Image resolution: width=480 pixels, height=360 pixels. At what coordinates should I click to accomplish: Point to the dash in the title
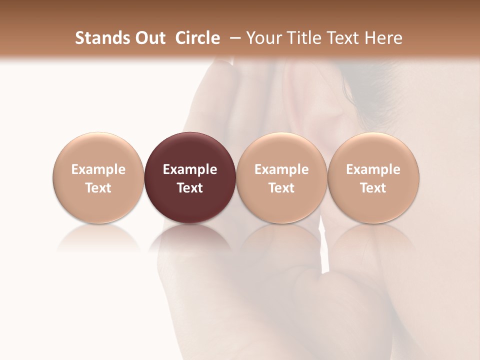[233, 38]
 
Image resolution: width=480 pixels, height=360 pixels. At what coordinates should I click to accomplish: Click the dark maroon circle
[190, 150]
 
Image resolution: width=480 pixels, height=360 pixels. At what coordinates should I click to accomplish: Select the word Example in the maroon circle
[190, 169]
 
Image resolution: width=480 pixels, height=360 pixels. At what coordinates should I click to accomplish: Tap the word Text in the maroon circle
[190, 188]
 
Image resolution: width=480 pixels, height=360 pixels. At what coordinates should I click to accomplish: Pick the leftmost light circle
[98, 150]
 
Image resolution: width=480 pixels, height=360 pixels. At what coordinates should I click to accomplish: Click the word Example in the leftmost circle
[98, 169]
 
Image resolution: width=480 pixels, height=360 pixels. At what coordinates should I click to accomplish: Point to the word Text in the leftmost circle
[98, 188]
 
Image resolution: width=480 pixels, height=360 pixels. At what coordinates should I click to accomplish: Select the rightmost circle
[373, 150]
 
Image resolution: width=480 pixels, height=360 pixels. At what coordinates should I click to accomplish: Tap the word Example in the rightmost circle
[373, 169]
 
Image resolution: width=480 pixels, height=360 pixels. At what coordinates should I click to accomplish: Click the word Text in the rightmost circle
[373, 188]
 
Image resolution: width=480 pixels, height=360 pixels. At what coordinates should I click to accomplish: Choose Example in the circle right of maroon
[281, 169]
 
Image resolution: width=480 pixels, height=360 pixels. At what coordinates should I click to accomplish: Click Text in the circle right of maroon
[281, 188]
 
